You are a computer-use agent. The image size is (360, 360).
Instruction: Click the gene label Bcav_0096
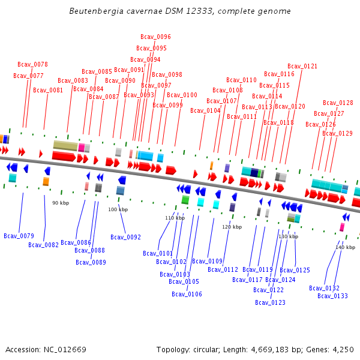click(x=155, y=37)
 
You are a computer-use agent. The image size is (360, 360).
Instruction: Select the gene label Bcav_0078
click(x=32, y=65)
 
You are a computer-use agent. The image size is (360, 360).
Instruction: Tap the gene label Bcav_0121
click(x=302, y=67)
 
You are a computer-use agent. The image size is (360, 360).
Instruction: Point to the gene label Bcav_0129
click(x=337, y=134)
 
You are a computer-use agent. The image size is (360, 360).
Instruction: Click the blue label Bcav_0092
click(x=125, y=238)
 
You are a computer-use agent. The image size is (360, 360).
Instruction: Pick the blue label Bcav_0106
click(x=187, y=295)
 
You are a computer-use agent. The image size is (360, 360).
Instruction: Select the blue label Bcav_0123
click(x=269, y=303)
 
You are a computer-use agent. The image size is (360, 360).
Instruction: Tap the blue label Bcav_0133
click(x=332, y=296)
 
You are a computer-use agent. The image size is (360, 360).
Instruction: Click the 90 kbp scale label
click(x=61, y=203)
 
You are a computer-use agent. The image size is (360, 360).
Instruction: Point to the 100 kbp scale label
click(x=118, y=210)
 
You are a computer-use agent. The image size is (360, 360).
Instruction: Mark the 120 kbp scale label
click(x=232, y=227)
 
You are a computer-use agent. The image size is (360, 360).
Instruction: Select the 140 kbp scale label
click(x=345, y=248)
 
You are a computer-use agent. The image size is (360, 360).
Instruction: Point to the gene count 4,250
click(x=342, y=350)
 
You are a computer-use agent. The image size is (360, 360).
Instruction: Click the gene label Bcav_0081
click(x=48, y=91)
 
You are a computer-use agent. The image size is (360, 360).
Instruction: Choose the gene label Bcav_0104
click(x=205, y=111)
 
